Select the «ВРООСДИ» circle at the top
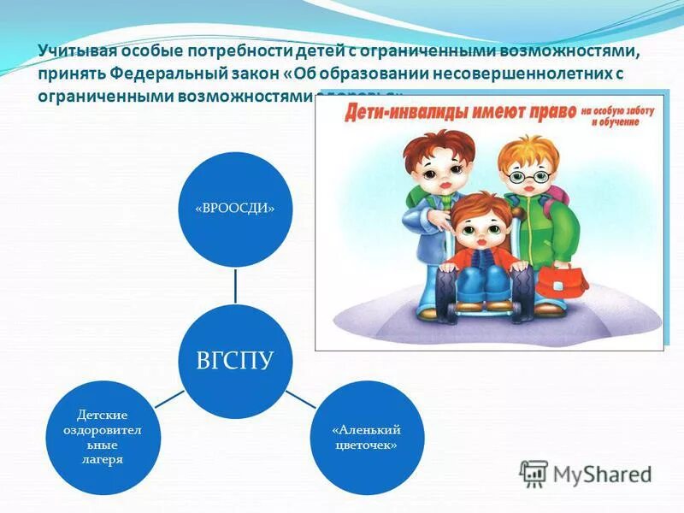236,209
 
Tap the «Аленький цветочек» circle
366,437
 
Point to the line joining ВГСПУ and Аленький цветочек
300,398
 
